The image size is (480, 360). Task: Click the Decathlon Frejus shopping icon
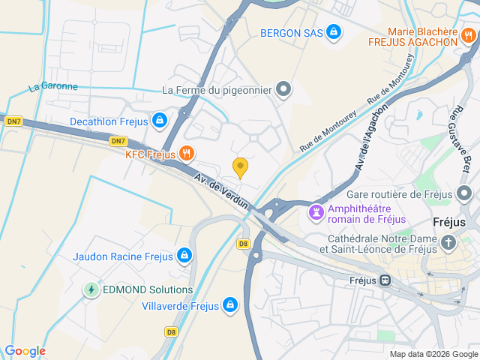(x=160, y=120)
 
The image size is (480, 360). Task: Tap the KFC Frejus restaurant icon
(x=187, y=154)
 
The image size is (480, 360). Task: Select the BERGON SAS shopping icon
(x=334, y=33)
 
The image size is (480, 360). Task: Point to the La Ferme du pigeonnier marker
(x=283, y=91)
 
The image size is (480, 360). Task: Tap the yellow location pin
(x=240, y=167)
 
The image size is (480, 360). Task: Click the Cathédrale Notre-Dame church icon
(x=448, y=242)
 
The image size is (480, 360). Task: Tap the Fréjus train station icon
(x=385, y=280)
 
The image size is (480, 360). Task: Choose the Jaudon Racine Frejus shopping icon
(x=184, y=256)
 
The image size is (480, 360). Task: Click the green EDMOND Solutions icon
(x=91, y=289)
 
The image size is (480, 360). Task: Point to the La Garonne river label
(x=53, y=87)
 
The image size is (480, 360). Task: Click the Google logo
(x=25, y=351)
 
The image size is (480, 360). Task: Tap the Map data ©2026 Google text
(x=433, y=354)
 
